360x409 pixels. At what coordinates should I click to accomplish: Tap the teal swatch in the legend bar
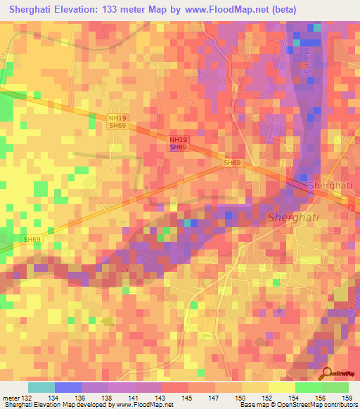pyautogui.click(x=41, y=387)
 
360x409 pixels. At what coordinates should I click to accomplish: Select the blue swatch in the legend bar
pyautogui.click(x=68, y=387)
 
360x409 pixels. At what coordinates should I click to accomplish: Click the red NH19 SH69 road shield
pyautogui.click(x=179, y=144)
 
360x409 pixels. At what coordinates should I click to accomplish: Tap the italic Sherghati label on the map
pyautogui.click(x=293, y=217)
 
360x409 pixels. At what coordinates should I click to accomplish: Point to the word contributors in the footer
pyautogui.click(x=337, y=405)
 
